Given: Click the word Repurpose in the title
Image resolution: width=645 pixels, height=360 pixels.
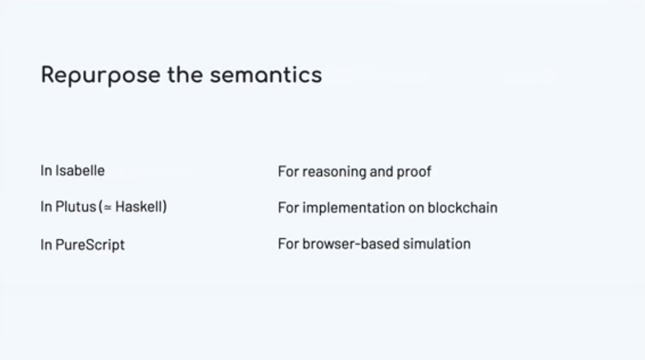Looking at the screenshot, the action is click(x=101, y=76).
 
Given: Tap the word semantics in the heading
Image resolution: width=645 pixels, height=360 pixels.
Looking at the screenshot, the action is click(x=266, y=75).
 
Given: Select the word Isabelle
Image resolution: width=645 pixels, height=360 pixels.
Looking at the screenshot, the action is click(x=80, y=170).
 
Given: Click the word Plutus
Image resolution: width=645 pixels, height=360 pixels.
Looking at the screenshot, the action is click(x=76, y=207).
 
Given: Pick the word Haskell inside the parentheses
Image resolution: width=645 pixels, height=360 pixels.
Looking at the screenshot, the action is click(x=139, y=207).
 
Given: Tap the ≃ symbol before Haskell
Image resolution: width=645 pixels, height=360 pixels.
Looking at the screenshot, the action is click(x=108, y=208).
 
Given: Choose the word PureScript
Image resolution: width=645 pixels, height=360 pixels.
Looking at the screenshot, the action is click(x=90, y=245).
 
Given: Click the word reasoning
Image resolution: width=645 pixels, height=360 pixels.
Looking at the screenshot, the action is click(x=334, y=172).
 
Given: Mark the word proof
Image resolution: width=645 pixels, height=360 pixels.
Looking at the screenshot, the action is click(x=414, y=172).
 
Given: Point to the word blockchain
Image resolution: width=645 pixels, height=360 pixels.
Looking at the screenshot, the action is click(x=463, y=208).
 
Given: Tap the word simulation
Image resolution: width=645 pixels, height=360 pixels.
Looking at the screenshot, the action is click(x=437, y=244).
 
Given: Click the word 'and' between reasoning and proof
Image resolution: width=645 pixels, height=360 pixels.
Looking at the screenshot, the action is click(x=382, y=172).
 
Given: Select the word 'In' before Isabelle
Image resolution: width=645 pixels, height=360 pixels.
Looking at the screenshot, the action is click(x=46, y=170).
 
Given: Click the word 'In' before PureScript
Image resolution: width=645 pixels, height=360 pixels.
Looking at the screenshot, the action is click(x=46, y=245).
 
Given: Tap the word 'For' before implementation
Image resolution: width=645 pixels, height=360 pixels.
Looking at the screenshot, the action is click(x=288, y=208).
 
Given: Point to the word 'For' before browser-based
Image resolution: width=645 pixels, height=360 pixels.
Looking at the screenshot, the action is click(x=288, y=244).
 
